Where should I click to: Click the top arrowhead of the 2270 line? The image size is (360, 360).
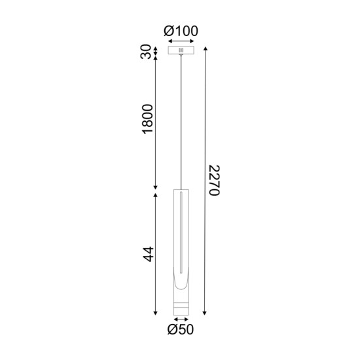click(205, 48)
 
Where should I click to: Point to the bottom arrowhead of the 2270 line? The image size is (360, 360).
click(205, 312)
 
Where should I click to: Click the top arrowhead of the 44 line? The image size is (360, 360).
click(156, 194)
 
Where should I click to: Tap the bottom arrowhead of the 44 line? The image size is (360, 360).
click(156, 312)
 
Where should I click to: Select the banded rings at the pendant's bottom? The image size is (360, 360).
click(180, 308)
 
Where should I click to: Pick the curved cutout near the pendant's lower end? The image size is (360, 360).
click(180, 285)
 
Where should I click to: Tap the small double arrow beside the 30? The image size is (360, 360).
click(156, 50)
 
